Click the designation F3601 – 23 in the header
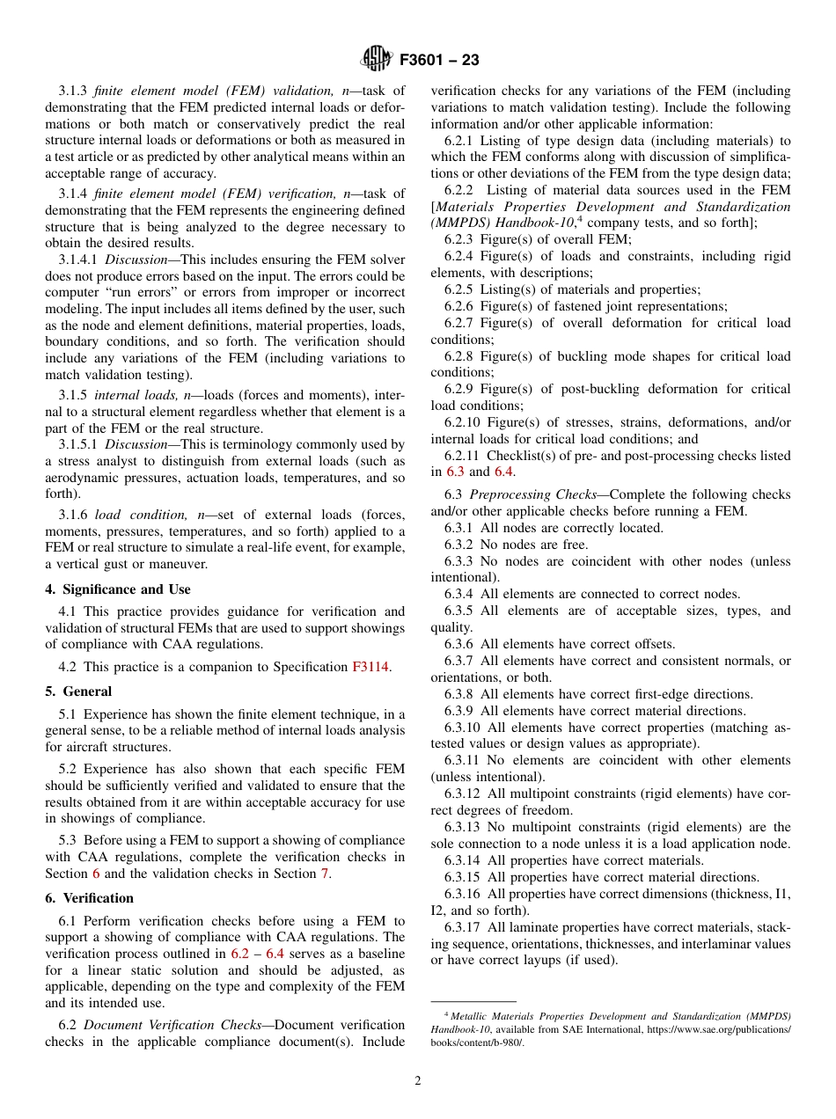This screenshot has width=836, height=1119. pos(439,61)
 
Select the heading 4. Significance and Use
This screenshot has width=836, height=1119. pos(118,589)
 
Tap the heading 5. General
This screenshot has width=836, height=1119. pos(78,691)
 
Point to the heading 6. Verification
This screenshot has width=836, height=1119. pos(89,898)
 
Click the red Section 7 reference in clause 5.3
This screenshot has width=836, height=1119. pos(323,874)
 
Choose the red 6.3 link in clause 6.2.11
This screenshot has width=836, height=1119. pos(455,472)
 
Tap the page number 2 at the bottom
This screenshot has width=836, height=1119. pos(418,1081)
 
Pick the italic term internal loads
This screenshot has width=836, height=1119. pos(135,395)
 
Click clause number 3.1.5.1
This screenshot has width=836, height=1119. pos(77,445)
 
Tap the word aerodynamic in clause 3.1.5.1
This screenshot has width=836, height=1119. pos(84,478)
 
